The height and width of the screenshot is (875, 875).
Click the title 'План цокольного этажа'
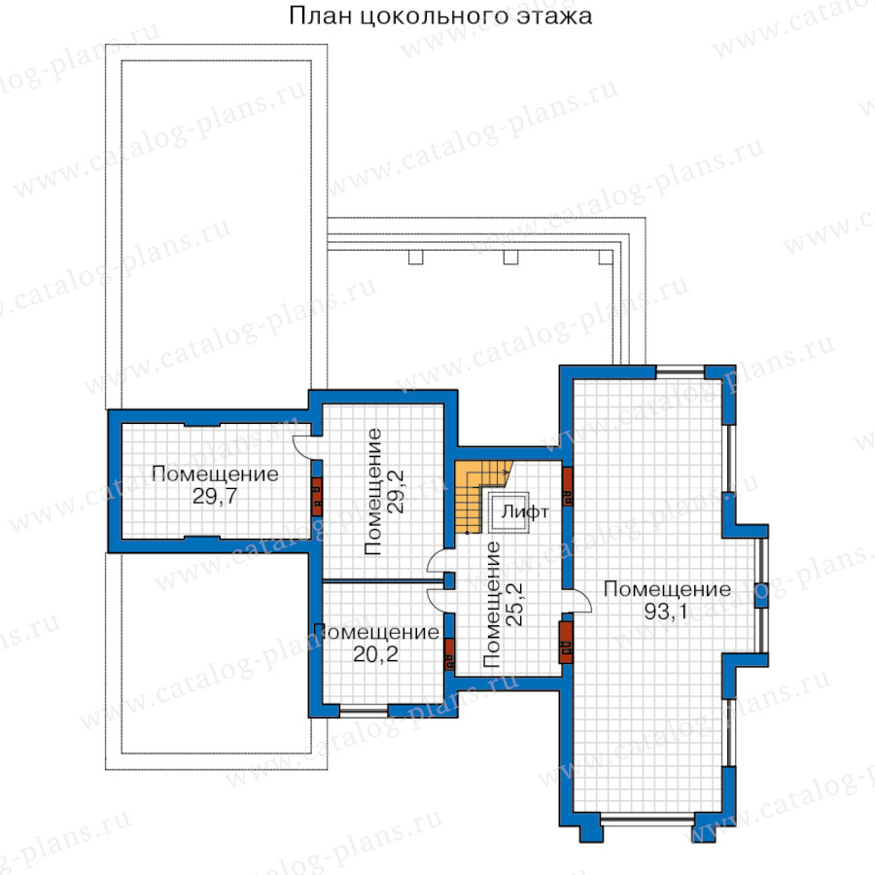(440, 17)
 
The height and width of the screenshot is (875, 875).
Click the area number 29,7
(215, 496)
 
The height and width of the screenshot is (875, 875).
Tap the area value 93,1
(666, 612)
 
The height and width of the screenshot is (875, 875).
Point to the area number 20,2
(375, 654)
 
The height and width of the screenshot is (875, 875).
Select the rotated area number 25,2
(514, 605)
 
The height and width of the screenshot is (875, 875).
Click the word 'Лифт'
(525, 511)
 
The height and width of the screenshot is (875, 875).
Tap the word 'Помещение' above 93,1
(667, 589)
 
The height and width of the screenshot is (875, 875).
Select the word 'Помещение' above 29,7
(215, 473)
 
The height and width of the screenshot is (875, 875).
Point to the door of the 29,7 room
(303, 446)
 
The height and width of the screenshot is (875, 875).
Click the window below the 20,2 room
(364, 711)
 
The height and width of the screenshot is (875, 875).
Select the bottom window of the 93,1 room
(648, 820)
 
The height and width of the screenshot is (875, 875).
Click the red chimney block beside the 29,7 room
(316, 497)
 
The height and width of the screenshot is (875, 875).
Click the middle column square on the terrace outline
(510, 258)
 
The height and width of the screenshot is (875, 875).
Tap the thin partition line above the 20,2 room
(383, 581)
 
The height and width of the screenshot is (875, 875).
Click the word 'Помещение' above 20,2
(376, 632)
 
